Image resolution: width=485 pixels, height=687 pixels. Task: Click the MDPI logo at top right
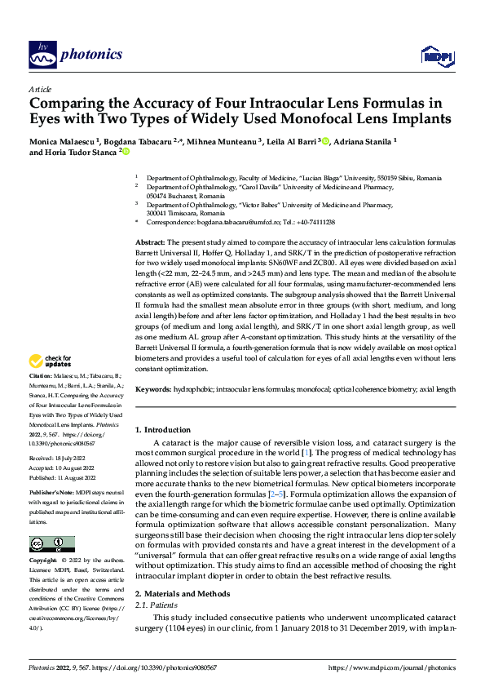(x=434, y=55)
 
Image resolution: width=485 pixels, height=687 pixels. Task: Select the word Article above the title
(x=40, y=89)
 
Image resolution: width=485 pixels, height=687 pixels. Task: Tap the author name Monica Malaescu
(x=61, y=140)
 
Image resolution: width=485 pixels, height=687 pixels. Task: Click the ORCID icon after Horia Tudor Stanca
(x=126, y=151)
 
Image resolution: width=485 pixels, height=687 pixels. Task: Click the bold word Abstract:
(x=149, y=243)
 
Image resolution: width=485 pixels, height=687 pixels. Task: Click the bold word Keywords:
(x=153, y=390)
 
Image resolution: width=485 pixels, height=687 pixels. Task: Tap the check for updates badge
(x=51, y=360)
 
